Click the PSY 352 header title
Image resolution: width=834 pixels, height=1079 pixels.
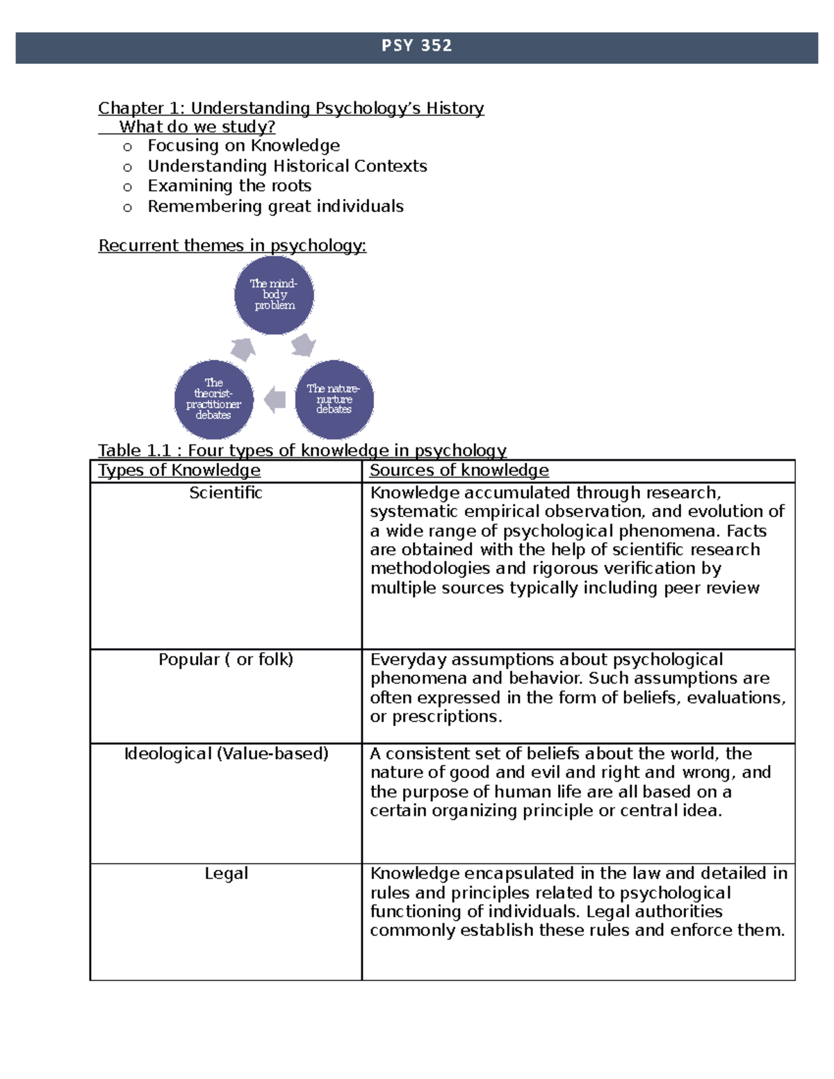(x=416, y=46)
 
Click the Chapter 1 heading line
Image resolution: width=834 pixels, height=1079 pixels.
(x=291, y=108)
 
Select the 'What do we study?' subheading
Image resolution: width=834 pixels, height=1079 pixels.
(x=197, y=126)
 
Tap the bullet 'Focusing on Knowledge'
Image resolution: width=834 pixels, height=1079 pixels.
(x=243, y=146)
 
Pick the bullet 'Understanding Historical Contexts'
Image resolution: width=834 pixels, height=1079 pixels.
(x=287, y=166)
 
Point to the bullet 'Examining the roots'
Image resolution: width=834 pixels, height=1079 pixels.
(x=229, y=186)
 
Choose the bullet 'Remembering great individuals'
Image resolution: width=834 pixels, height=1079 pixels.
(x=275, y=206)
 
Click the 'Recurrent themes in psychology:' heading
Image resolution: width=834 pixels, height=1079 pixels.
(x=232, y=245)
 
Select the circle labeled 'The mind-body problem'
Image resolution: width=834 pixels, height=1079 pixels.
(x=274, y=295)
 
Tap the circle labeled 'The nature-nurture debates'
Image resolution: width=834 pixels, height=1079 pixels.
(x=334, y=399)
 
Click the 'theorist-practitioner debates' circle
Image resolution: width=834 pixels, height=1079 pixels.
(x=213, y=399)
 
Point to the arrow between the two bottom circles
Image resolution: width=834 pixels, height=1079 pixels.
(x=275, y=400)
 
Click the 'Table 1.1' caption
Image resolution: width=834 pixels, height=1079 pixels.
(x=302, y=450)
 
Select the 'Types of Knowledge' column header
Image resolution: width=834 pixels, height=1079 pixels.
(x=179, y=470)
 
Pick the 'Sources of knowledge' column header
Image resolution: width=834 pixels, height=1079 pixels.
(x=459, y=470)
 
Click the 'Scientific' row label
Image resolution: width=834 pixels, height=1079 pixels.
(x=226, y=493)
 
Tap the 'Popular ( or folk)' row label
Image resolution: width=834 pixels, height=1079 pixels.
(x=226, y=659)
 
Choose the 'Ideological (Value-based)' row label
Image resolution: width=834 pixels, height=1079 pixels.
(x=226, y=754)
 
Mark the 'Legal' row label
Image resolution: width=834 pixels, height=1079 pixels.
(x=226, y=873)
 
